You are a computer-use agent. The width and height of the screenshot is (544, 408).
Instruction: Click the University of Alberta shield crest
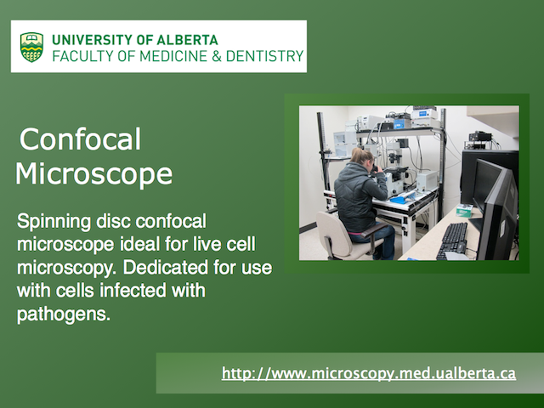pyautogui.click(x=31, y=47)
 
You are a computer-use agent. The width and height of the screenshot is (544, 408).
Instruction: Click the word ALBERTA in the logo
pyautogui.click(x=187, y=40)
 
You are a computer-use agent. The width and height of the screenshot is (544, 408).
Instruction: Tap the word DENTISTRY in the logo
pyautogui.click(x=264, y=56)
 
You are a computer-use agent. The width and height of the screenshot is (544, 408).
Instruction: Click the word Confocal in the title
pyautogui.click(x=80, y=139)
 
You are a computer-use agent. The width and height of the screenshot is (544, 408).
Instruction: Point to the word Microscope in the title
pyautogui.click(x=93, y=173)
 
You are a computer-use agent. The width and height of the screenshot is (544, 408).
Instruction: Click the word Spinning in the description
pyautogui.click(x=54, y=222)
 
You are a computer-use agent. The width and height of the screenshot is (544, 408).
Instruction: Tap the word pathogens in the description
pyautogui.click(x=64, y=314)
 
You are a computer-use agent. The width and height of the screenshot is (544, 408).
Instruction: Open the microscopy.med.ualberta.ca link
pyautogui.click(x=369, y=373)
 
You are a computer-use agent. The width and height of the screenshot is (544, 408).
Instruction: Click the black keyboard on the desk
pyautogui.click(x=452, y=241)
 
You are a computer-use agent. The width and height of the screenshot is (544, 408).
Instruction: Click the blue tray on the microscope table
pyautogui.click(x=399, y=200)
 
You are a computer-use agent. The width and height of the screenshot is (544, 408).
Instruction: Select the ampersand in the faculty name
pyautogui.click(x=217, y=56)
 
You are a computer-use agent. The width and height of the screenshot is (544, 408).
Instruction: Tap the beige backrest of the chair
pyautogui.click(x=332, y=229)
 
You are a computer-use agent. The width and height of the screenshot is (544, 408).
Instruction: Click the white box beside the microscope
pyautogui.click(x=427, y=181)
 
